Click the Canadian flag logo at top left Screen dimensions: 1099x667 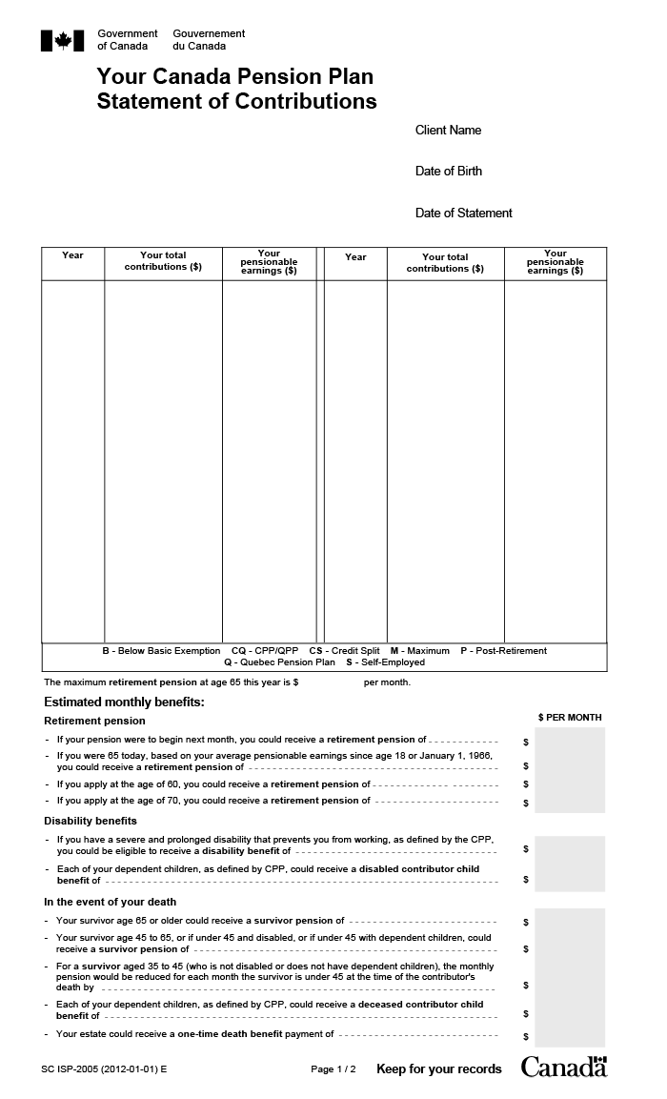click(x=64, y=40)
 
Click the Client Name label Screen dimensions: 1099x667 click(x=448, y=131)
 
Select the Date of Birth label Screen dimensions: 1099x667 click(x=449, y=172)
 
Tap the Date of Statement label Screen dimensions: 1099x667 click(x=464, y=214)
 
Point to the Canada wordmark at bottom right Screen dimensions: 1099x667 click(x=563, y=1067)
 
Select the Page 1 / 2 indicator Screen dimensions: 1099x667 click(x=333, y=1069)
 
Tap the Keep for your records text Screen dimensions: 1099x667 click(x=438, y=1069)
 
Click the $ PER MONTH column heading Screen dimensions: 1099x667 click(x=570, y=718)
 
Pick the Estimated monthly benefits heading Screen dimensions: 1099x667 click(x=125, y=702)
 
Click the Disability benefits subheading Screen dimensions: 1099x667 click(x=91, y=821)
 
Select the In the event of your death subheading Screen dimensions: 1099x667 click(x=111, y=902)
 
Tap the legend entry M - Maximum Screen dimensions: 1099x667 click(x=419, y=651)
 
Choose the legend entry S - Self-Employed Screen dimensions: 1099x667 click(x=385, y=662)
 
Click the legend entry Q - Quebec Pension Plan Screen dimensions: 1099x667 click(x=279, y=662)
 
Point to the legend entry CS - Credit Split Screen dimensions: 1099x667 click(x=344, y=651)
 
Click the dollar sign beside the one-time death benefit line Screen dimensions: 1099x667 click(x=525, y=1036)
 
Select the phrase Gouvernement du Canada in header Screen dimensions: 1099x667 click(x=209, y=40)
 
